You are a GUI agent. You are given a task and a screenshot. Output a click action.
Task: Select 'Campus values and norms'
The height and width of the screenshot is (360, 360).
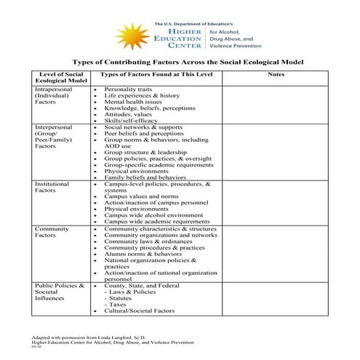pyautogui.click(x=141, y=196)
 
